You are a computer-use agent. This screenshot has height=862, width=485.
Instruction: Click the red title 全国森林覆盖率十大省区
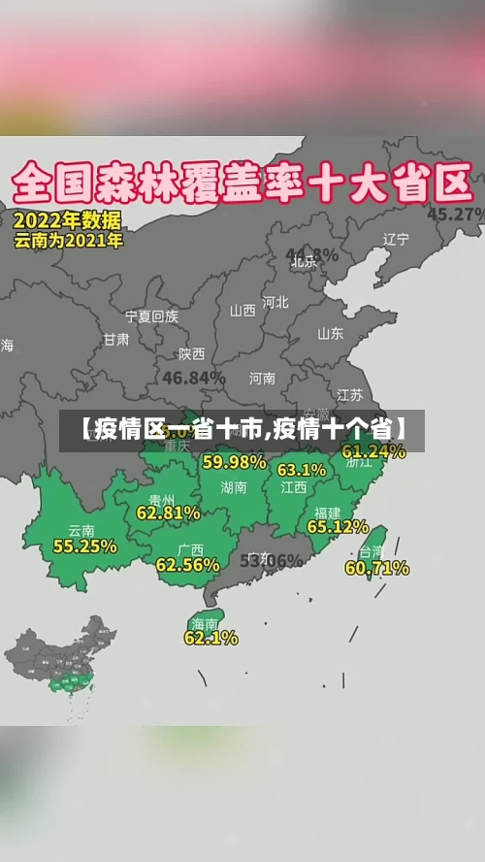[x=242, y=183]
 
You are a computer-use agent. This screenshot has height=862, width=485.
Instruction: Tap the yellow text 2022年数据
[x=68, y=219]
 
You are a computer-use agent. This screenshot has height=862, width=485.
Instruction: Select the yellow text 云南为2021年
[x=69, y=240]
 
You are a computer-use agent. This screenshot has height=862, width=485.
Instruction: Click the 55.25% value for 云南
[x=85, y=547]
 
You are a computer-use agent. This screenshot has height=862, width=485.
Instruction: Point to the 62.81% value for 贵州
[x=169, y=513]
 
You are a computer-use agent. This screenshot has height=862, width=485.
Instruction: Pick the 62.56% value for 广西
[x=187, y=565]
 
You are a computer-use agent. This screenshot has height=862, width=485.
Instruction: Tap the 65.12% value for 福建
[x=338, y=527]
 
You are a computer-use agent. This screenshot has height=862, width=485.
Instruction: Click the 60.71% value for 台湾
[x=376, y=568]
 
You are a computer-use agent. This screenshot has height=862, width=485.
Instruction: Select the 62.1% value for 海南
[x=210, y=638]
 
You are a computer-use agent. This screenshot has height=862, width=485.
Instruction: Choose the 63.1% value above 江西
[x=302, y=470]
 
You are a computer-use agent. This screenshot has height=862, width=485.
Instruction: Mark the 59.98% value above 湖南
[x=234, y=462]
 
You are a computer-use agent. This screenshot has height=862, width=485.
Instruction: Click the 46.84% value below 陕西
[x=194, y=377]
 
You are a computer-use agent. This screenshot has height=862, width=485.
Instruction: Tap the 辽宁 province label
[x=396, y=239]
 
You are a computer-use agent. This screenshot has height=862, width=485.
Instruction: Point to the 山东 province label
[x=330, y=333]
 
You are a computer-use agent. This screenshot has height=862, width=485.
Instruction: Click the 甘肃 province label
[x=116, y=340]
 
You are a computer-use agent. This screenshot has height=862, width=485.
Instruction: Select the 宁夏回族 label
[x=151, y=315]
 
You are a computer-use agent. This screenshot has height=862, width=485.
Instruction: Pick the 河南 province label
[x=262, y=378]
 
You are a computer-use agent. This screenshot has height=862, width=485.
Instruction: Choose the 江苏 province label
[x=349, y=395]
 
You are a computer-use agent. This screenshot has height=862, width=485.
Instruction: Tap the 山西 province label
[x=242, y=311]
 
